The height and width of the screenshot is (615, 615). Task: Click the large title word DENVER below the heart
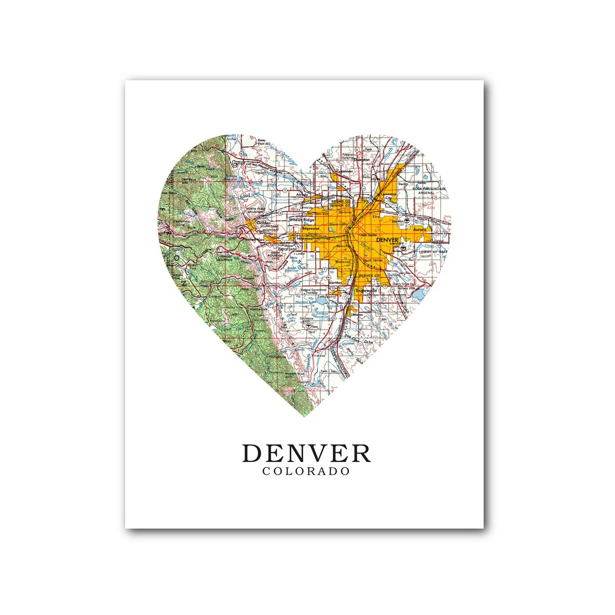coord(306,453)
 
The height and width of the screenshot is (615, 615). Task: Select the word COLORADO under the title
coord(306,472)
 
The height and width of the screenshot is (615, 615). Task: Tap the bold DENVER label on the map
coord(387,240)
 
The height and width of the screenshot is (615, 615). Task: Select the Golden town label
coord(263,222)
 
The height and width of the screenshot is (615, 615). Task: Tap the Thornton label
coord(362,160)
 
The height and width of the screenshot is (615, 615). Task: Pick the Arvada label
coord(302,194)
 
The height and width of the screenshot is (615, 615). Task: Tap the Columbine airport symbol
coord(307,326)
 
